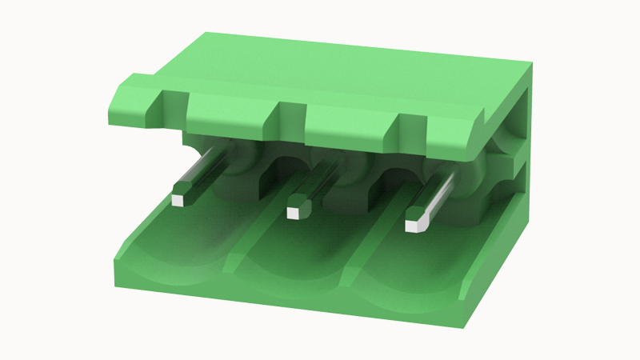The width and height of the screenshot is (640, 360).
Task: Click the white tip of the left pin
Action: [x=181, y=199]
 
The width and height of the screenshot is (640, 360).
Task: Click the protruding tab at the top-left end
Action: [x=132, y=100]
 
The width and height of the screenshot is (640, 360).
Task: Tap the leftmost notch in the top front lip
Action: [x=174, y=108]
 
